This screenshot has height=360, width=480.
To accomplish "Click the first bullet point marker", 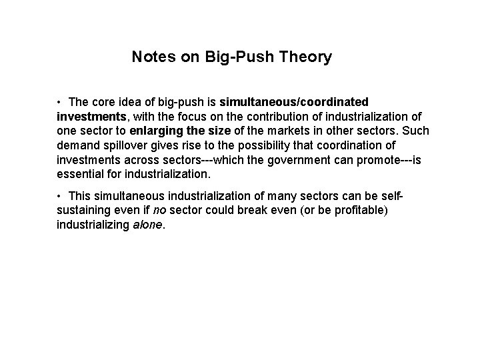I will [x=59, y=102].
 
